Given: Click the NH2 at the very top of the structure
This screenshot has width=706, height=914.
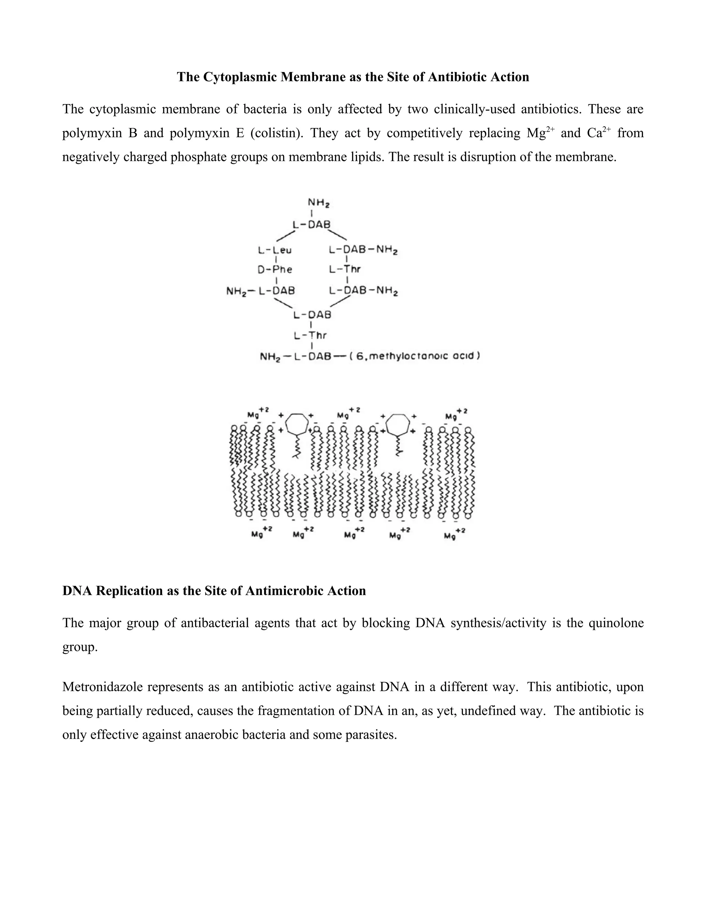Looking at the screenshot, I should pos(319,202).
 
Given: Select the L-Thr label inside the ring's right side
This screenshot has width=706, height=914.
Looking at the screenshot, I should pos(345,269).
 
